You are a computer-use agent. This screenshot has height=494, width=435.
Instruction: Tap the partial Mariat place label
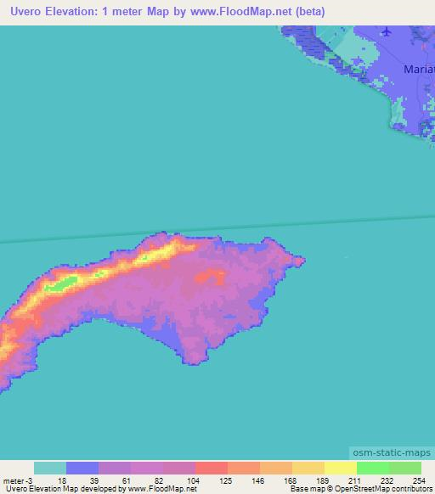[x=419, y=68]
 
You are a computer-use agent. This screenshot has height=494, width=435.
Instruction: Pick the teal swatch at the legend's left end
[x=50, y=469]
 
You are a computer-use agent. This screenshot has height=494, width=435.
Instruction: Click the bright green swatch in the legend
[x=373, y=469]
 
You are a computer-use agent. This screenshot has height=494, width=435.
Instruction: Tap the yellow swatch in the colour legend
[x=340, y=469]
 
